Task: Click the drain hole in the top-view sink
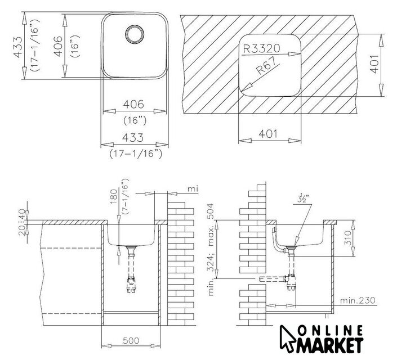point(135,34)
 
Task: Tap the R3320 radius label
point(261,48)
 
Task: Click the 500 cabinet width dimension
point(131,340)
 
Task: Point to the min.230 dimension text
point(358,300)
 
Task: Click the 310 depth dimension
point(349,238)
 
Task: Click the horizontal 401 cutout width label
point(268,133)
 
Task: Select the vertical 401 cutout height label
point(375,64)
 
